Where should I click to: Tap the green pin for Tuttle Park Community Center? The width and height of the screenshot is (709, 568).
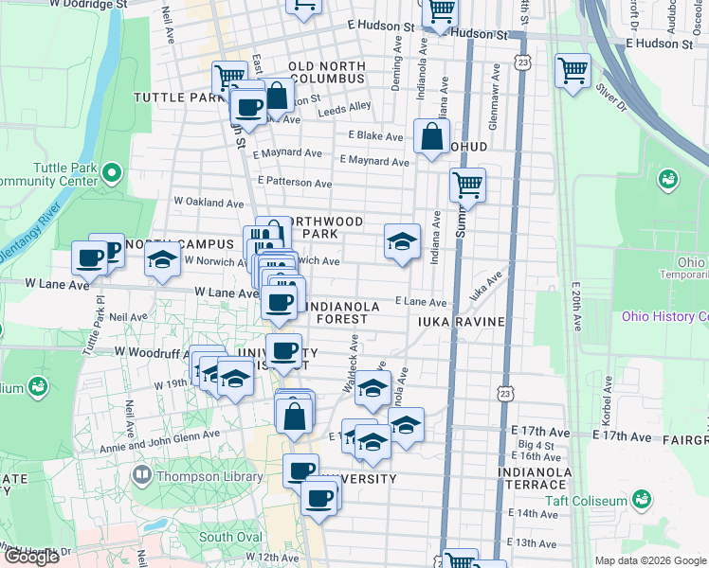pyautogui.click(x=112, y=173)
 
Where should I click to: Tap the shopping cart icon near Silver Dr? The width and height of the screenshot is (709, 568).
pyautogui.click(x=573, y=71)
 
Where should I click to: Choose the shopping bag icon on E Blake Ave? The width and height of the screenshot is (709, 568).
pyautogui.click(x=431, y=136)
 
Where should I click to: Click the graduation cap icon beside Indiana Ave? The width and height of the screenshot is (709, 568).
pyautogui.click(x=402, y=241)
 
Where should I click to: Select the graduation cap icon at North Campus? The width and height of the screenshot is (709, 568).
pyautogui.click(x=163, y=260)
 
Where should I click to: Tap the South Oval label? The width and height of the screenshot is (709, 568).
pyautogui.click(x=229, y=537)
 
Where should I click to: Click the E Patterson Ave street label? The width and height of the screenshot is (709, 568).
pyautogui.click(x=295, y=183)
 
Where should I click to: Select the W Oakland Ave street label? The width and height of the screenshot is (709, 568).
pyautogui.click(x=209, y=203)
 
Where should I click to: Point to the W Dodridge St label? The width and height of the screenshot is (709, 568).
pyautogui.click(x=92, y=5)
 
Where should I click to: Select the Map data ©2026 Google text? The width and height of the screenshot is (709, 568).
pyautogui.click(x=650, y=560)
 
